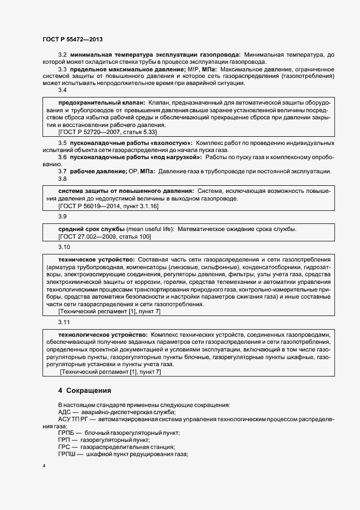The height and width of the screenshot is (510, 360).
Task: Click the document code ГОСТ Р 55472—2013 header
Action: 72,39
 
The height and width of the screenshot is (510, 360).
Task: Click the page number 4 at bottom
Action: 44,466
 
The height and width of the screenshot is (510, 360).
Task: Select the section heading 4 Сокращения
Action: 84,391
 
